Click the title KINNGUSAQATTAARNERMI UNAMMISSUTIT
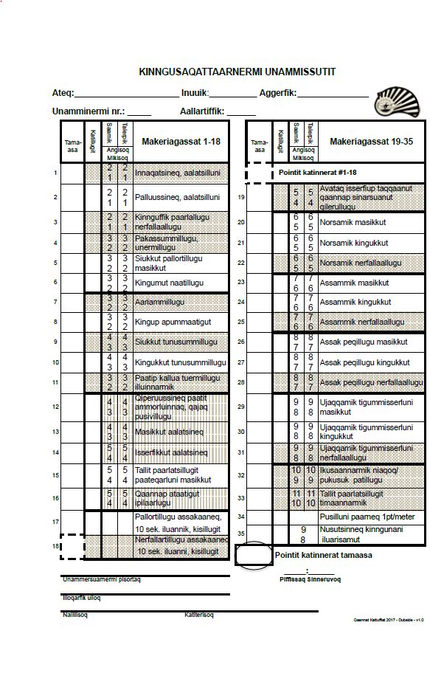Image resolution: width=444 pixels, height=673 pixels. (x=237, y=72)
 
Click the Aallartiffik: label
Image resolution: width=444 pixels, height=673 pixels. (x=203, y=111)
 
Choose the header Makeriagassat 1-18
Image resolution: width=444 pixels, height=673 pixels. (x=181, y=141)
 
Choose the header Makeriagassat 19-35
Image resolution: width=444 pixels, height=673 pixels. (x=371, y=141)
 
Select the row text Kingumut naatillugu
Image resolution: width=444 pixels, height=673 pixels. (x=169, y=283)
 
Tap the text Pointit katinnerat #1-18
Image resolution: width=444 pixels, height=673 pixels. (x=317, y=172)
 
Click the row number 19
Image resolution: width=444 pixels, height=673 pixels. (x=241, y=197)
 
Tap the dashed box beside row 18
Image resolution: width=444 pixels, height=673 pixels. (x=72, y=547)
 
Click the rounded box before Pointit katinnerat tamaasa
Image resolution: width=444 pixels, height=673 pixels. (x=253, y=556)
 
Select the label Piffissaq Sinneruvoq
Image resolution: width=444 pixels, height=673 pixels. (x=309, y=579)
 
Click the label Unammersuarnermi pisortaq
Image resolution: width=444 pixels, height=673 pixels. (x=102, y=579)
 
